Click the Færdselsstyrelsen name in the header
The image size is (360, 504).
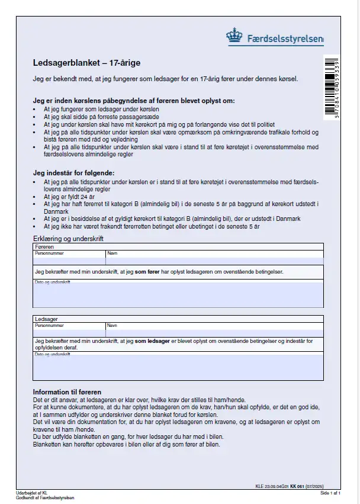[x=285, y=40]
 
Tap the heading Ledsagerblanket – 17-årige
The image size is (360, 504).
[x=86, y=63]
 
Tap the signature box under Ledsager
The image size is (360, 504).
[x=178, y=368]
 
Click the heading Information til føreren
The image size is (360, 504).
[x=67, y=392]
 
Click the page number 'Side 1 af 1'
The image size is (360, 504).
[x=331, y=493]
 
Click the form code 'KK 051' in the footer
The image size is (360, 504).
[x=297, y=487]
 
